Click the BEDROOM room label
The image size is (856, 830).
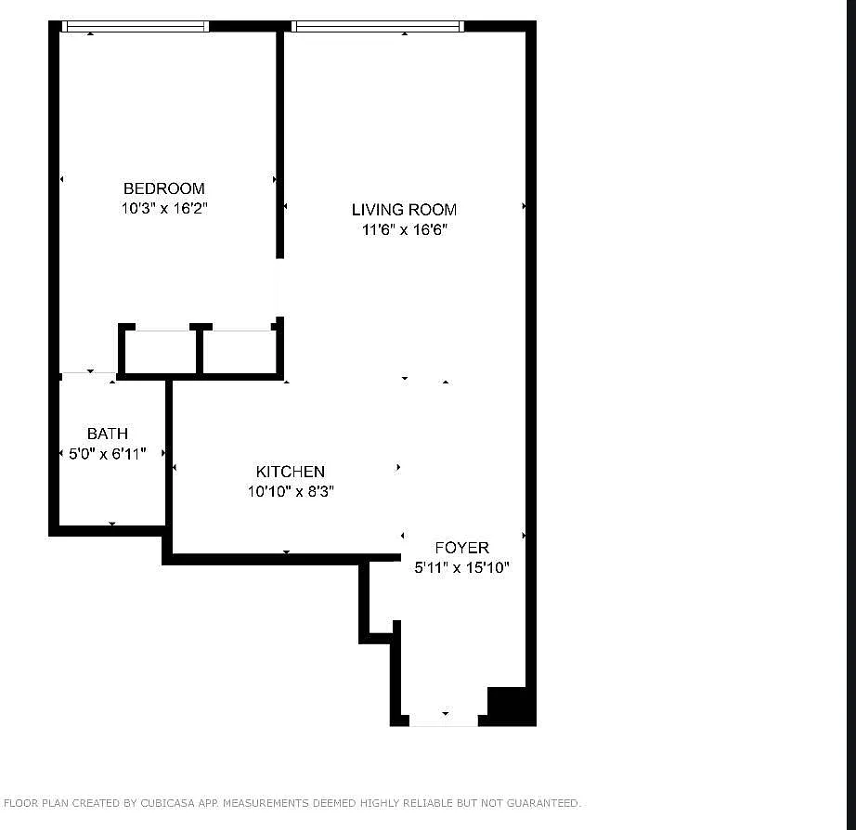164,188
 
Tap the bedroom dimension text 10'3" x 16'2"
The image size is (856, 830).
164,209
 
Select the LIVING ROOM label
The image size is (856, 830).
404,210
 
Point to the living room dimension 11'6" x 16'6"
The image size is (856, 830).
405,230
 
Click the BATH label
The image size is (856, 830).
108,434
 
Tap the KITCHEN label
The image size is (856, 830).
291,472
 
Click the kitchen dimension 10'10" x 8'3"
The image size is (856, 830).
290,492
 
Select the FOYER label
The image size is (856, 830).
461,548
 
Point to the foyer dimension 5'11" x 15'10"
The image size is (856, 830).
461,568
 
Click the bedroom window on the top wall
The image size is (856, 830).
136,27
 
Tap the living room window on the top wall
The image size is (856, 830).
377,27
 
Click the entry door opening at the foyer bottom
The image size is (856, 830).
444,720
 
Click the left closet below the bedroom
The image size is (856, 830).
160,353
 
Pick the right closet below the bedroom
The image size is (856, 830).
240,353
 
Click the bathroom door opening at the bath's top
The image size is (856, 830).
88,374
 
